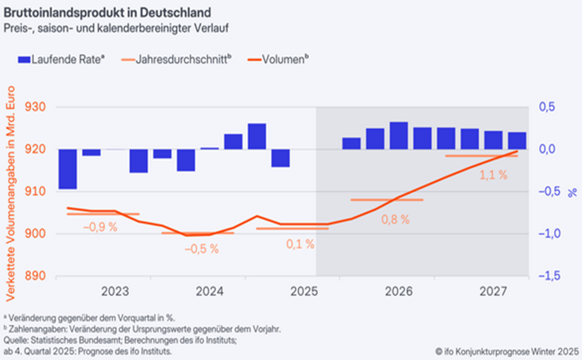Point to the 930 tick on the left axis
(x=36, y=107)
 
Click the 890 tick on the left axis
(x=36, y=276)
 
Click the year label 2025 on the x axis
(x=305, y=291)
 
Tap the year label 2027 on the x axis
(x=493, y=291)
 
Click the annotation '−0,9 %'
(x=100, y=227)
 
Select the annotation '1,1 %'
(x=493, y=175)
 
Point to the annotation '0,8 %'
(x=395, y=220)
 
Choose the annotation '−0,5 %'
(x=202, y=249)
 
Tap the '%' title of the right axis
(x=572, y=192)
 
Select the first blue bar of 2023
(x=68, y=169)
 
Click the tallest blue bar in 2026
(x=398, y=135)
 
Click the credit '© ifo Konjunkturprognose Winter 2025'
(x=506, y=352)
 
